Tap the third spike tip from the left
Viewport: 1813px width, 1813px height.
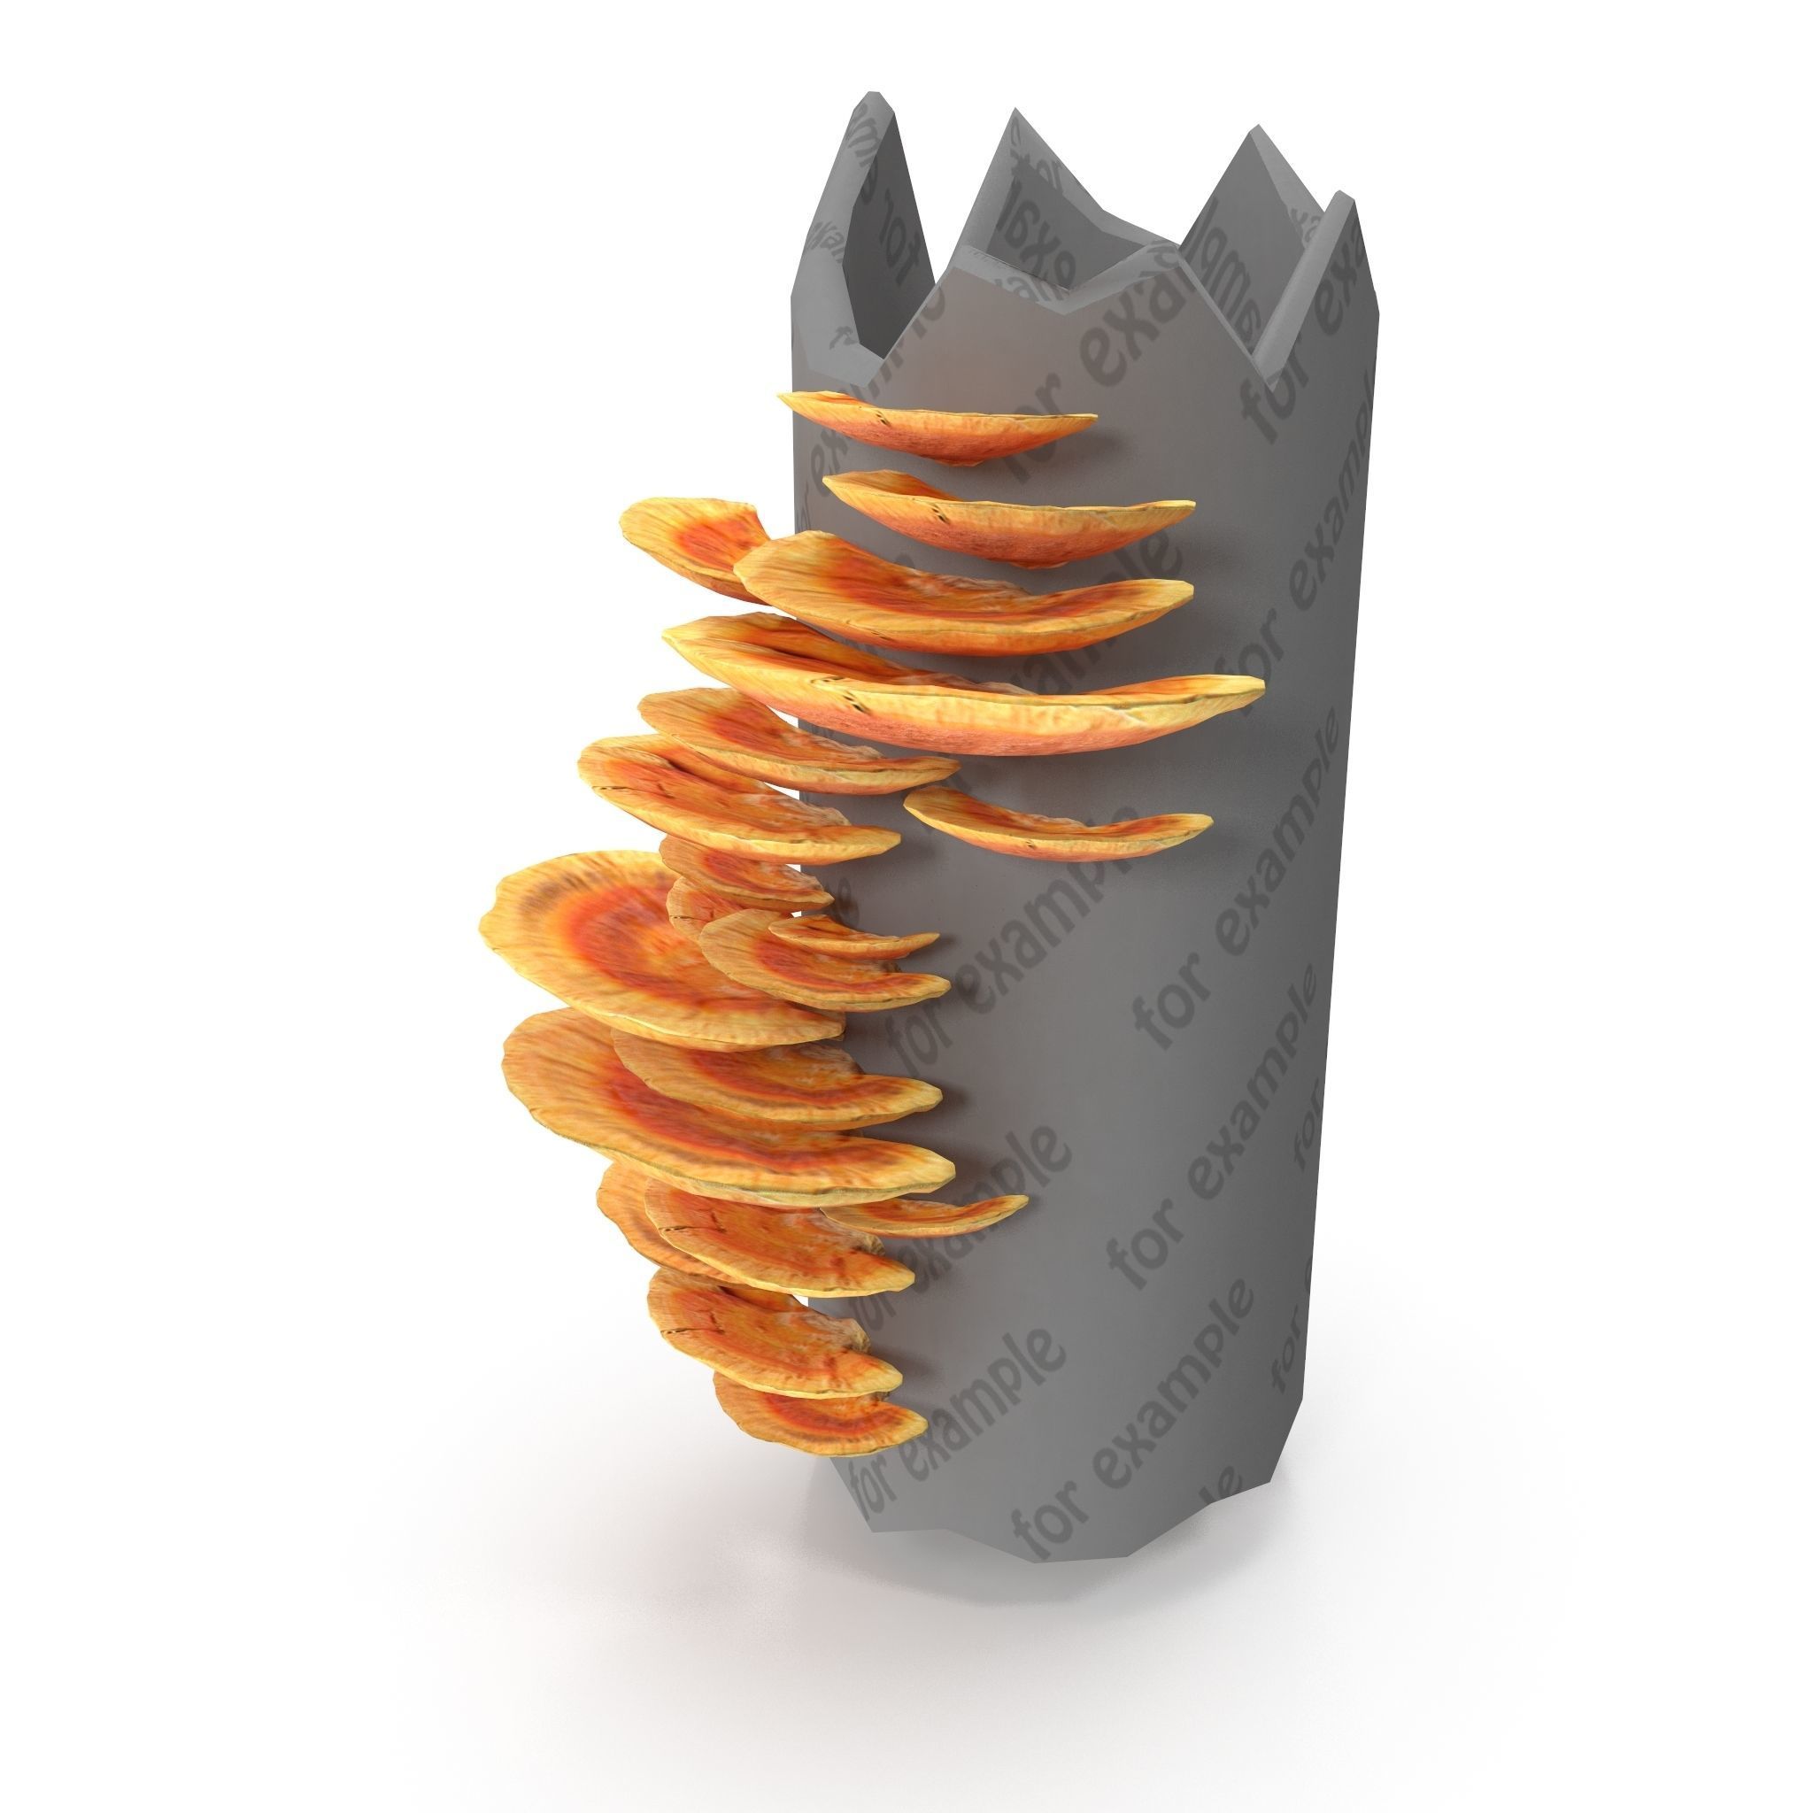1253,136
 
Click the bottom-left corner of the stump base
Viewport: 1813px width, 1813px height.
873,1525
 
